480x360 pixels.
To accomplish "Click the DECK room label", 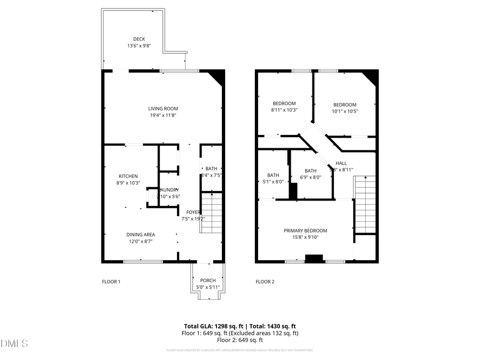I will [x=139, y=39].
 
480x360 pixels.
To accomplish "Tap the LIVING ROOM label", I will [x=163, y=109].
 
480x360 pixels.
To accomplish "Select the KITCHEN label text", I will [x=128, y=176].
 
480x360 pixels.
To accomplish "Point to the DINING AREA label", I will [x=141, y=234].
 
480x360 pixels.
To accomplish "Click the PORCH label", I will [x=207, y=281].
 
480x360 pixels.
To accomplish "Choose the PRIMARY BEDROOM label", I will [x=305, y=230].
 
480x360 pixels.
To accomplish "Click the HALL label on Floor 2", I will [x=341, y=163].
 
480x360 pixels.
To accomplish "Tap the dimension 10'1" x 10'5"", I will [x=345, y=111].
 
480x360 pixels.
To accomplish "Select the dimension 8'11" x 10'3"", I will [x=284, y=110].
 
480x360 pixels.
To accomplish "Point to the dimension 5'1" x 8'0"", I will [x=273, y=181].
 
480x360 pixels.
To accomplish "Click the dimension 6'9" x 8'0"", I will [x=310, y=178].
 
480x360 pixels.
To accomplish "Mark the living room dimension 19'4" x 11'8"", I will [x=163, y=115].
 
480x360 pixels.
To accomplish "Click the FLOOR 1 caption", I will [x=111, y=282].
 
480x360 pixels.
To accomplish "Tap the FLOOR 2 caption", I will [x=265, y=282].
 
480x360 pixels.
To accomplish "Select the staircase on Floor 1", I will [x=210, y=213].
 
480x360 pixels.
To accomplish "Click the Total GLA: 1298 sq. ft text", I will [x=210, y=326].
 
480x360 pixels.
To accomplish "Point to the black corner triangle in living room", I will [x=218, y=77].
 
